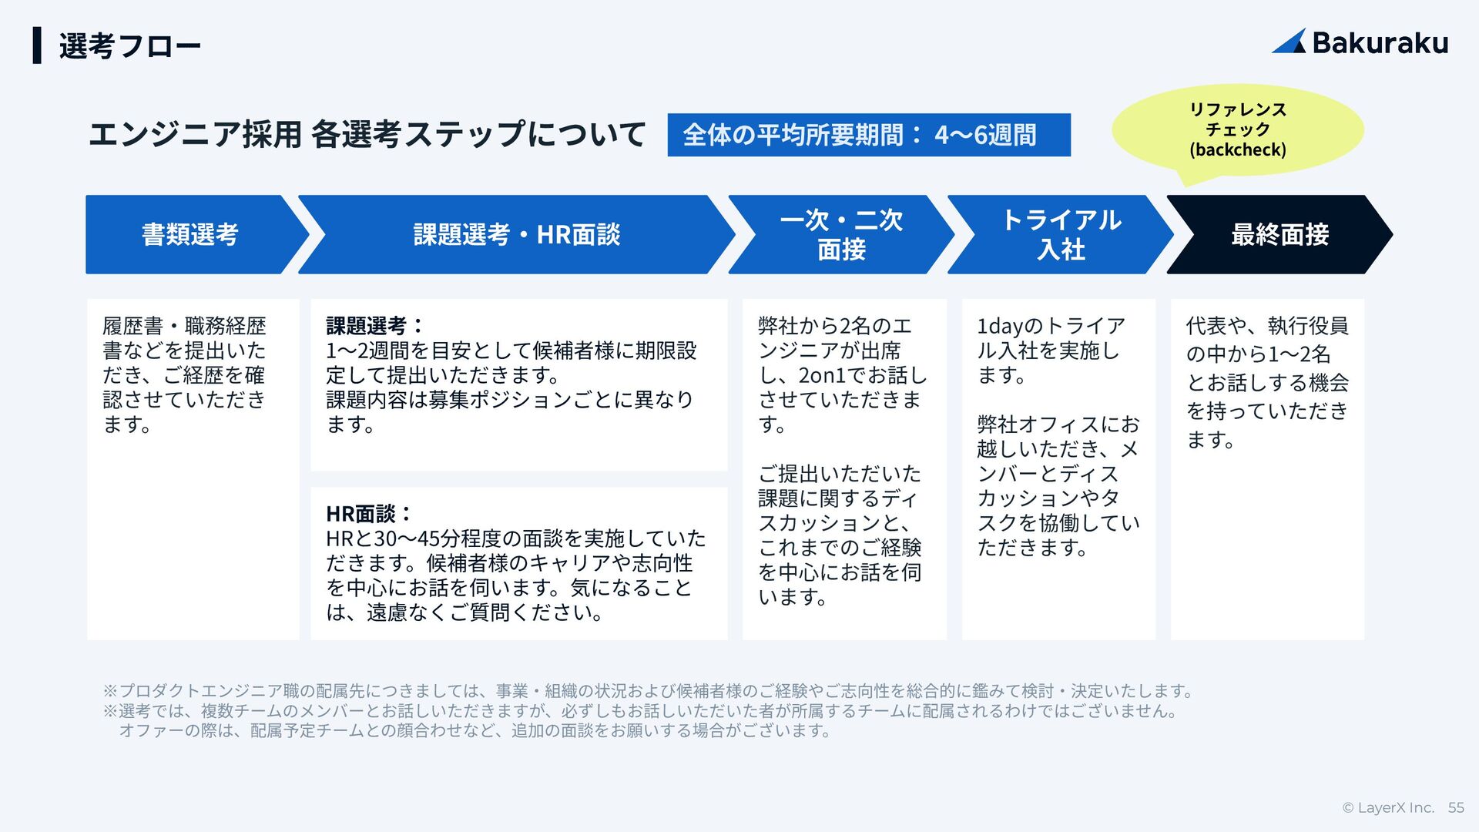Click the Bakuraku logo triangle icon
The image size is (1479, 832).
coord(1290,42)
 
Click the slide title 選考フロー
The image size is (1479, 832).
coord(129,46)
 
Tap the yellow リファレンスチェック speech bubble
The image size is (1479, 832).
coord(1237,130)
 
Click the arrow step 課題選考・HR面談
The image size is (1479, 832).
coord(516,234)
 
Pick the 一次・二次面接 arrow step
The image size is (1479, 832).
coord(840,234)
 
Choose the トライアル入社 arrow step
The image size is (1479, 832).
coord(1061,234)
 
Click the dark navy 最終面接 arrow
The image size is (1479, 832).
coord(1279,234)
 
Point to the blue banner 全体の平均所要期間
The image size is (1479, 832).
coord(868,135)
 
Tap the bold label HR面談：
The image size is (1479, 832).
coord(369,514)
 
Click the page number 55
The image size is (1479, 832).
coord(1455,807)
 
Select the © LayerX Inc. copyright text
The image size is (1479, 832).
coord(1388,807)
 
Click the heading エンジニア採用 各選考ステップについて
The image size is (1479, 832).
coord(367,135)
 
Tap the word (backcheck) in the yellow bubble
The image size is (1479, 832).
coord(1237,149)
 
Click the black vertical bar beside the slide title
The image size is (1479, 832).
coord(37,45)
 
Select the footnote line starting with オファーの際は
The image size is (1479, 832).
coord(475,730)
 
